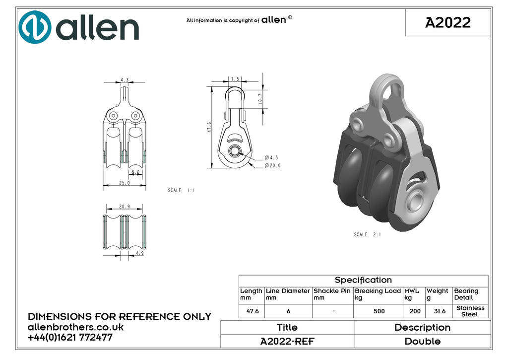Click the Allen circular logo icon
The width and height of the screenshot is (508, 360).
coord(35,27)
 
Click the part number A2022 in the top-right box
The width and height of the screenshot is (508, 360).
coord(448,22)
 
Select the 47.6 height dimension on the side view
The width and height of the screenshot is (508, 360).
coord(209,127)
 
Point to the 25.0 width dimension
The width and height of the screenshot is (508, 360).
coord(125,183)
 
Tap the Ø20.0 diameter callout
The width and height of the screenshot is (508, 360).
coord(272,165)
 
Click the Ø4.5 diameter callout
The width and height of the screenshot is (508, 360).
coord(271,157)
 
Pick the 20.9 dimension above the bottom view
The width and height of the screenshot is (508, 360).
coord(125,207)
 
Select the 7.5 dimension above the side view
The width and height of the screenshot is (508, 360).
coord(235,79)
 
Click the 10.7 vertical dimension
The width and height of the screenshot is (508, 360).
coord(260,99)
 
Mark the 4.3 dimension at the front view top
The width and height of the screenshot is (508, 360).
coord(125,80)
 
